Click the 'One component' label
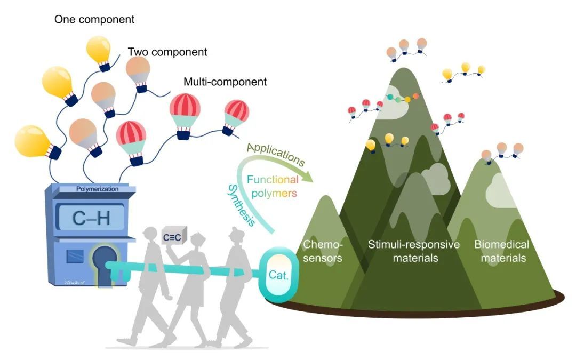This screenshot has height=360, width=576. (94, 20)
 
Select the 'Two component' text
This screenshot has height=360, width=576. (167, 52)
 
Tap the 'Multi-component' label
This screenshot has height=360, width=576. (225, 82)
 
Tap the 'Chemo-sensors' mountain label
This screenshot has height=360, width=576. (323, 251)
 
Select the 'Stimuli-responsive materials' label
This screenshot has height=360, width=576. (414, 251)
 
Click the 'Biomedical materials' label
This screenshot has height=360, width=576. (501, 251)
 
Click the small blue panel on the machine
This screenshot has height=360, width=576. (74, 258)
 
